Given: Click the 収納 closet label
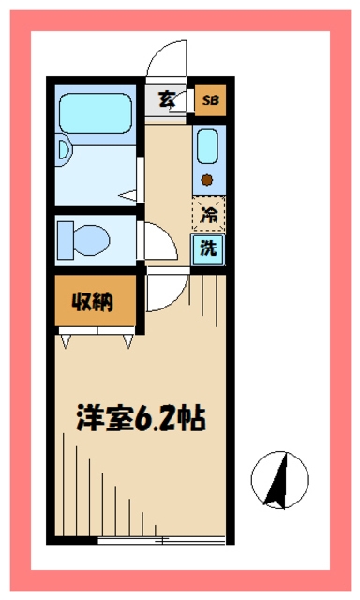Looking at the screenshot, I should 95,302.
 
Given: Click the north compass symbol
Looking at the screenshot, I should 278,479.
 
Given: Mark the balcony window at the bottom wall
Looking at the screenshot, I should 161,541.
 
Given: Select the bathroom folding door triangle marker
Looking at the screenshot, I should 129,195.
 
